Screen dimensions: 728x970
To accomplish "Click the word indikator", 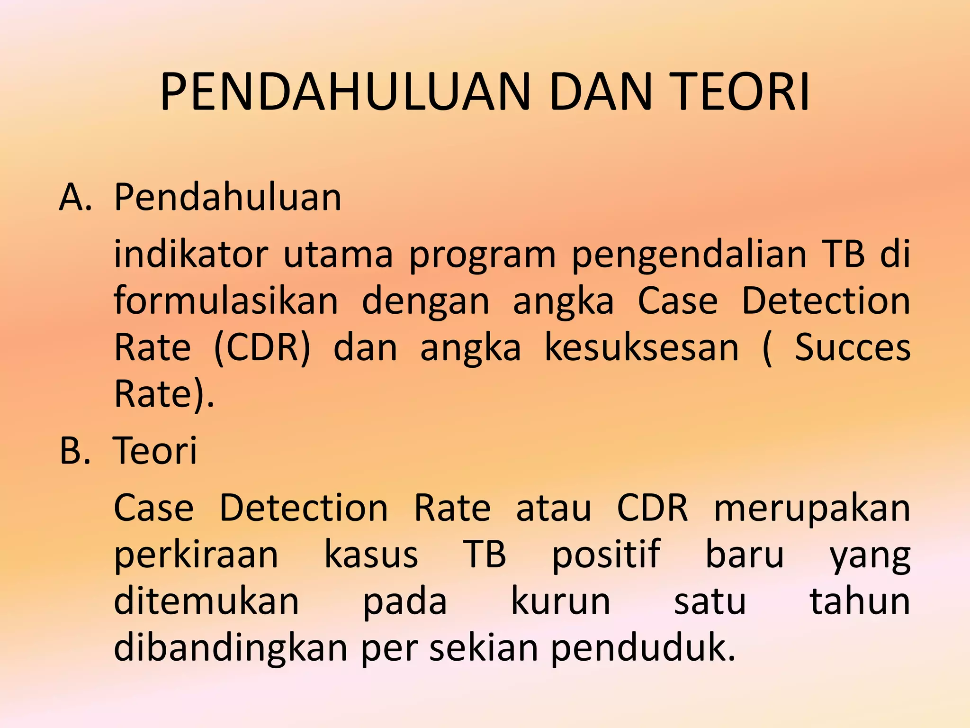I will [191, 255].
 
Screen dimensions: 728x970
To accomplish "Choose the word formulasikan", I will [226, 301].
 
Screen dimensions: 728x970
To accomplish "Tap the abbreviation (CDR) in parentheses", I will [262, 348].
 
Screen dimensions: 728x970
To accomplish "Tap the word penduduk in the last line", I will [643, 648].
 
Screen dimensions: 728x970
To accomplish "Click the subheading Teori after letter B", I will [155, 450].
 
